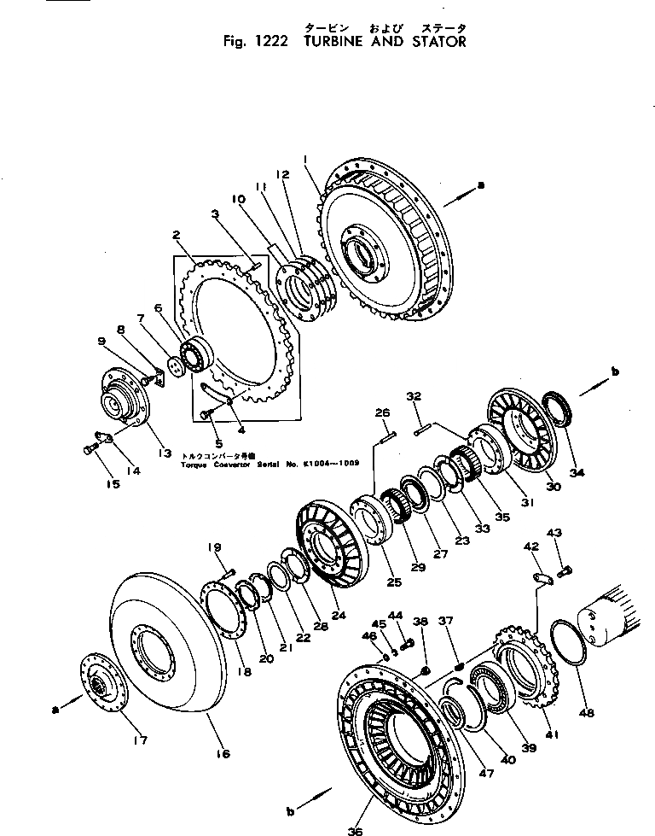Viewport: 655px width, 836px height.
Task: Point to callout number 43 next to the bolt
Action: tap(555, 535)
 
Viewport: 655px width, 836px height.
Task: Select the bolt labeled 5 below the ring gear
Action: tap(206, 414)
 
